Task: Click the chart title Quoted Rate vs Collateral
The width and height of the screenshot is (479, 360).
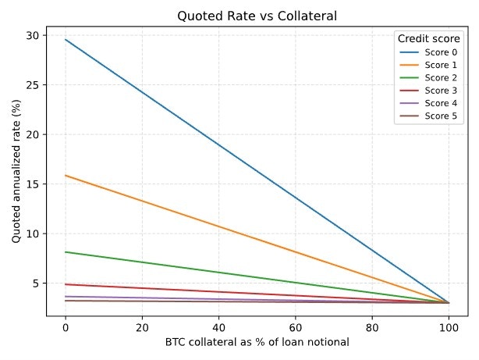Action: tap(257, 16)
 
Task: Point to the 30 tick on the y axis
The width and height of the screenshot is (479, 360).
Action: tap(32, 35)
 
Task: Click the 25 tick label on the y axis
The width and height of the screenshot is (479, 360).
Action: tap(32, 84)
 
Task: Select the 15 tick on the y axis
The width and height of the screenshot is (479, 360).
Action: tap(32, 184)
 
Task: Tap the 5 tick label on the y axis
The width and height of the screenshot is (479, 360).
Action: tap(35, 283)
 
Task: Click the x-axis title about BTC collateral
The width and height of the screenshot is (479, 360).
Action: tap(257, 343)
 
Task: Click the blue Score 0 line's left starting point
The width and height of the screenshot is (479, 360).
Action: tap(66, 39)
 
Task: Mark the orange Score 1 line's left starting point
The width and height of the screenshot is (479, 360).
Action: tap(66, 175)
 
